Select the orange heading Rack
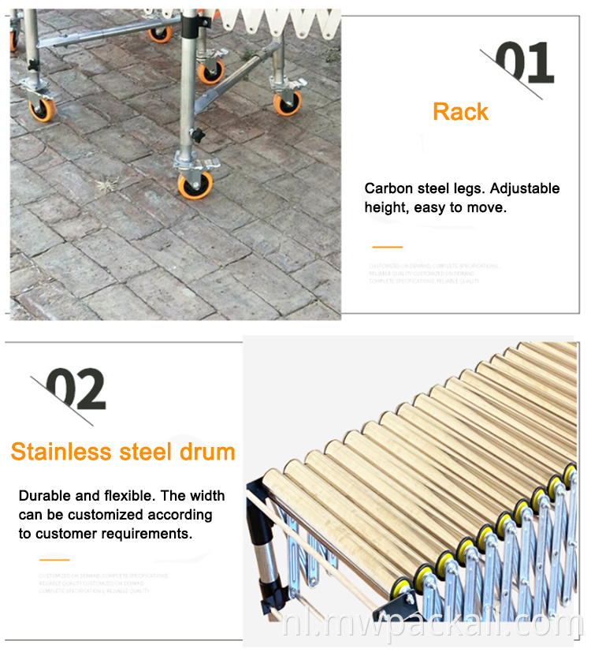(x=460, y=112)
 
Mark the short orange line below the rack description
(x=386, y=247)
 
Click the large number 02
(x=76, y=389)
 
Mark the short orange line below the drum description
(x=54, y=560)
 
